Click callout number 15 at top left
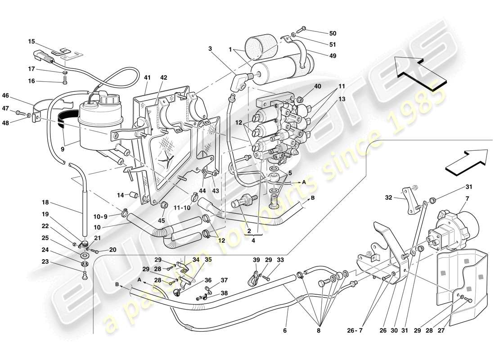click(x=31, y=41)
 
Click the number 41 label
click(x=147, y=77)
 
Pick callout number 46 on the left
click(x=18, y=95)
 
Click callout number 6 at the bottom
click(x=284, y=331)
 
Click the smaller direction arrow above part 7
click(x=468, y=161)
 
